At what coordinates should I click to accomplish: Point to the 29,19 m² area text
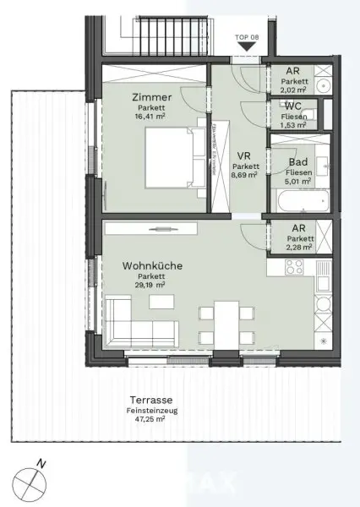click(x=140, y=286)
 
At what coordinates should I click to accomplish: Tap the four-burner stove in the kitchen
click(x=294, y=268)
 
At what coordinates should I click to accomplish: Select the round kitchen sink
click(x=323, y=304)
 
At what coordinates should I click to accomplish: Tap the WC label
click(x=294, y=106)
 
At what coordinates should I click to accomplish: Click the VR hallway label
click(x=244, y=155)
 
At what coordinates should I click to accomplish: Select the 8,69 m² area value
click(x=244, y=177)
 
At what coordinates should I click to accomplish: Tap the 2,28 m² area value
click(x=299, y=248)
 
